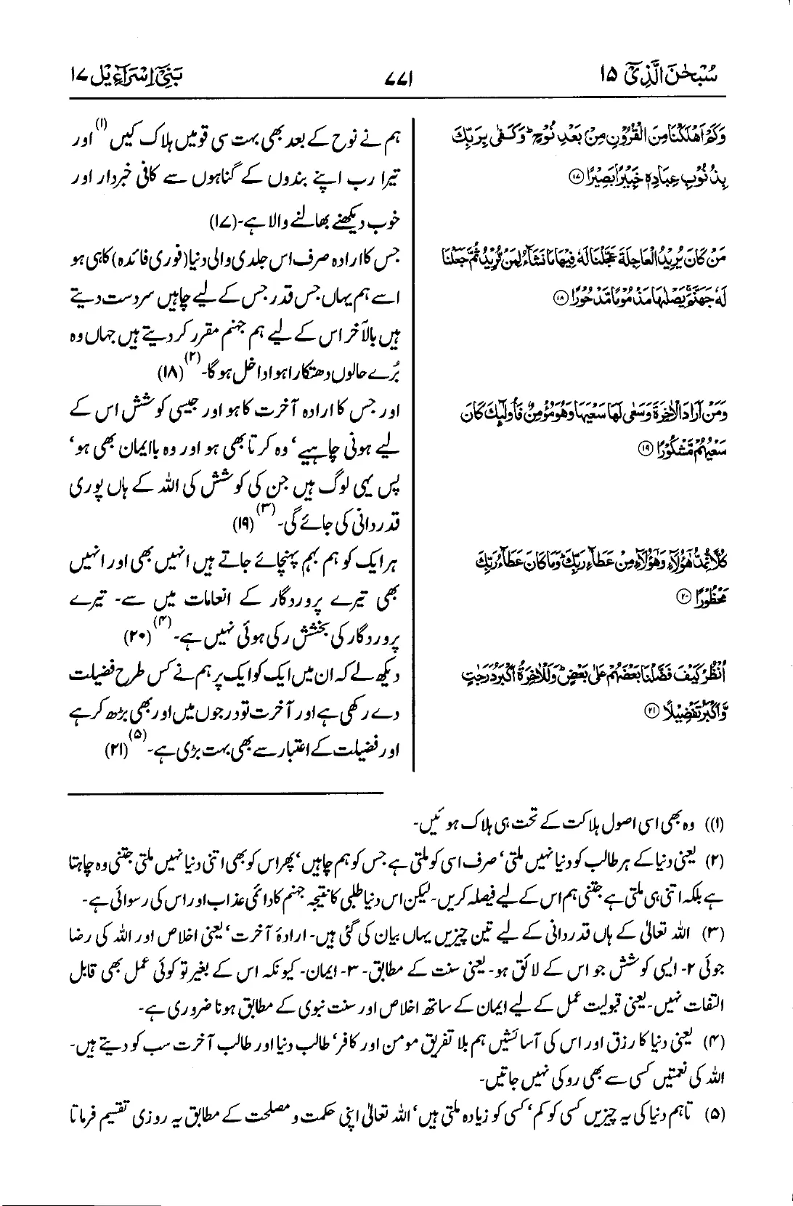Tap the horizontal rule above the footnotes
[226, 796]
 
